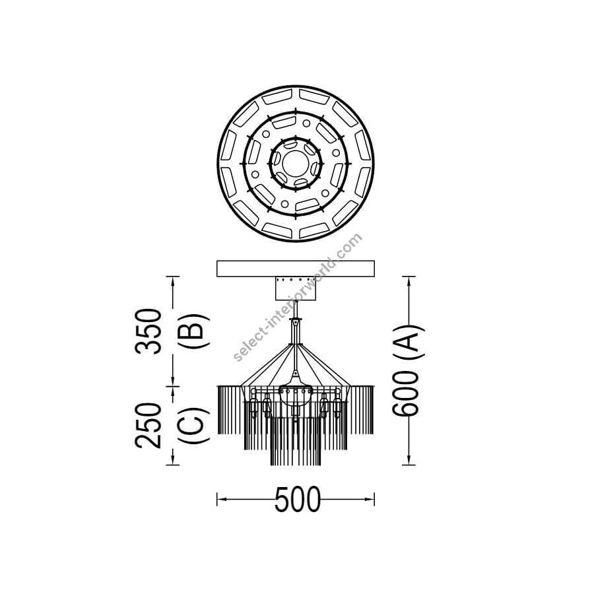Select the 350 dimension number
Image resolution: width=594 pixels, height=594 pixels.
point(148,331)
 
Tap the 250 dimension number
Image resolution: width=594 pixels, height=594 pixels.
point(148,426)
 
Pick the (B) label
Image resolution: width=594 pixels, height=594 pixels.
point(193,331)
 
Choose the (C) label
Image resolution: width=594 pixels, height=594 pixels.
point(193,426)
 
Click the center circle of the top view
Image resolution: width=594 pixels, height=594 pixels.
point(296,164)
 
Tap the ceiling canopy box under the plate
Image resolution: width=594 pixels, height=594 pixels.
point(296,288)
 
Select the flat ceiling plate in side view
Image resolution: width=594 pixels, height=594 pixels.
point(296,269)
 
